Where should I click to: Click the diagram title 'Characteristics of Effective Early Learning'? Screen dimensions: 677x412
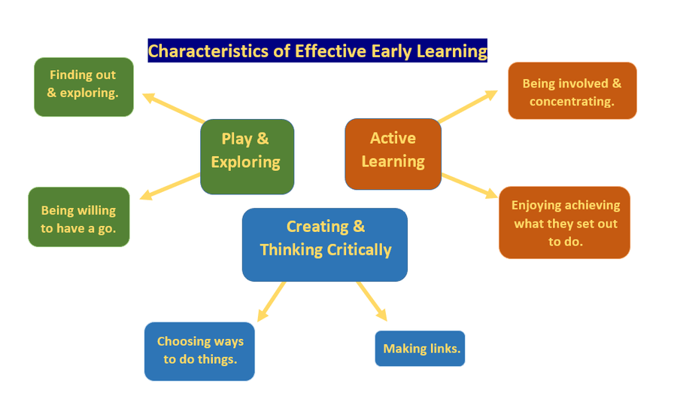317,50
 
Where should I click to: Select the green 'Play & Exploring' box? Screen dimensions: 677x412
247,157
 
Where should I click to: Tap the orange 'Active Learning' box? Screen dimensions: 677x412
393,154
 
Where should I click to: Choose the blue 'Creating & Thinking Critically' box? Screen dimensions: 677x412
325,245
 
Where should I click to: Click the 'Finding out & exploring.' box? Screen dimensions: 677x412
83,87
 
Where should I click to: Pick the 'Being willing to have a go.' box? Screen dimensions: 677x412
78,217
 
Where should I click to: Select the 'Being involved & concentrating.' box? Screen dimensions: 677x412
572,90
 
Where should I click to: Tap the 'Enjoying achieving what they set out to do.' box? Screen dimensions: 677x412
564,223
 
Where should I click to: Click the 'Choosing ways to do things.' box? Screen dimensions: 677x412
199,352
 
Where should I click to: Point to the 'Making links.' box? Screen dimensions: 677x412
420,349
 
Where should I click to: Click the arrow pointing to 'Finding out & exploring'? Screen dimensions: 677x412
173,108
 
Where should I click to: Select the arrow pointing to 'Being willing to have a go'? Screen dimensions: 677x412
170,187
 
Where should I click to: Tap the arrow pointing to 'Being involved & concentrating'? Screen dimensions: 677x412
468,106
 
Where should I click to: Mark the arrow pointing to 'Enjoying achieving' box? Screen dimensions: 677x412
469,186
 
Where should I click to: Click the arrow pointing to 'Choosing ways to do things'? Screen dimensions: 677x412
271,302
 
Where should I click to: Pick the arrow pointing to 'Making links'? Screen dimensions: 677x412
372,301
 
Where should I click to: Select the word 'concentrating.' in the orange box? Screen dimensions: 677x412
572,102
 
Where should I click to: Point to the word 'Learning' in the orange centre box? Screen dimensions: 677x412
393,162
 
